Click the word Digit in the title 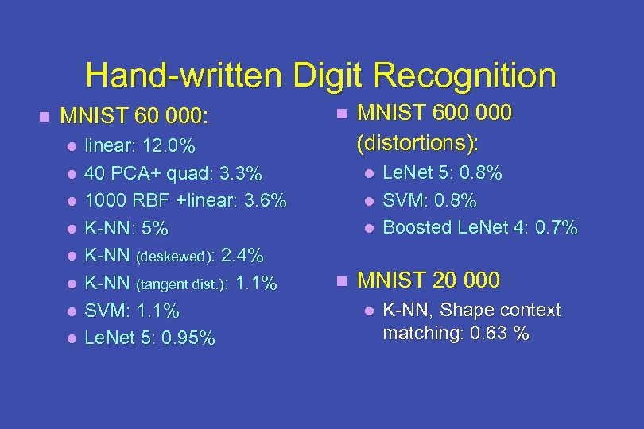[328, 75]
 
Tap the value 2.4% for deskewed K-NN [242, 256]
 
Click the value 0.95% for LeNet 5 [188, 338]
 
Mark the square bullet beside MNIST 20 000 [341, 280]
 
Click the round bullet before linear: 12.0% [72, 146]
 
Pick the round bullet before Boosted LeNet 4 [367, 228]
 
